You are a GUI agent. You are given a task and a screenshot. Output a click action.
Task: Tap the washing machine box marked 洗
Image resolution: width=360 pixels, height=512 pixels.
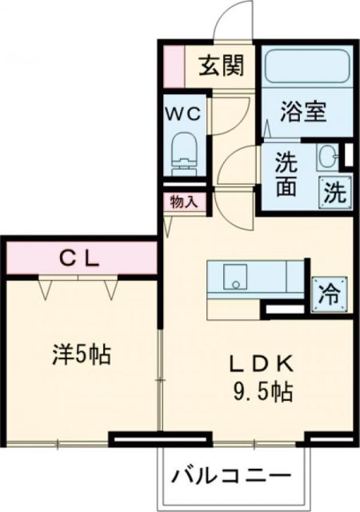click(x=335, y=191)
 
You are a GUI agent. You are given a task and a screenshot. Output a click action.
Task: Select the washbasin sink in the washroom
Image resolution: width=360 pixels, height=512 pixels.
click(x=329, y=155)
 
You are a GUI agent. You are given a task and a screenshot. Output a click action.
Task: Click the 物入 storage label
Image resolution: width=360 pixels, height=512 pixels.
click(x=184, y=202)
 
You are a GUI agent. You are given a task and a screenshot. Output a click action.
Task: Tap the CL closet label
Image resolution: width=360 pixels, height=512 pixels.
click(x=81, y=258)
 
